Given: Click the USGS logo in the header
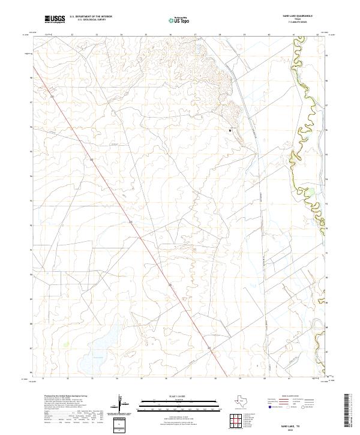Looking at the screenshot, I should (x=55, y=20).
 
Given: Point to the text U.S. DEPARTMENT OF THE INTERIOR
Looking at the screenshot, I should (x=91, y=17).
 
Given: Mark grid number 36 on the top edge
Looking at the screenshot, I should (x=171, y=34).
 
